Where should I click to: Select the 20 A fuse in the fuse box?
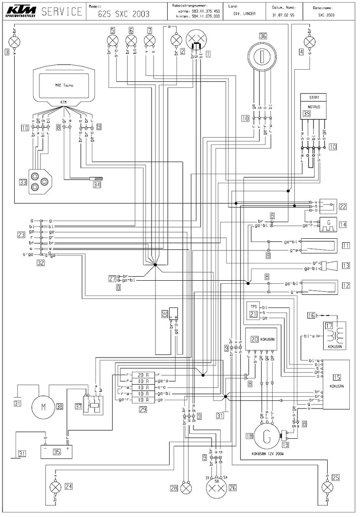tap(144, 375)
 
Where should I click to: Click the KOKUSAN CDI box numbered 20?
tap(260, 339)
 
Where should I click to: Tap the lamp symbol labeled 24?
tap(55, 487)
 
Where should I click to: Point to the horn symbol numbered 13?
tap(330, 266)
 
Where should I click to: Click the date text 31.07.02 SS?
tap(283, 15)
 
